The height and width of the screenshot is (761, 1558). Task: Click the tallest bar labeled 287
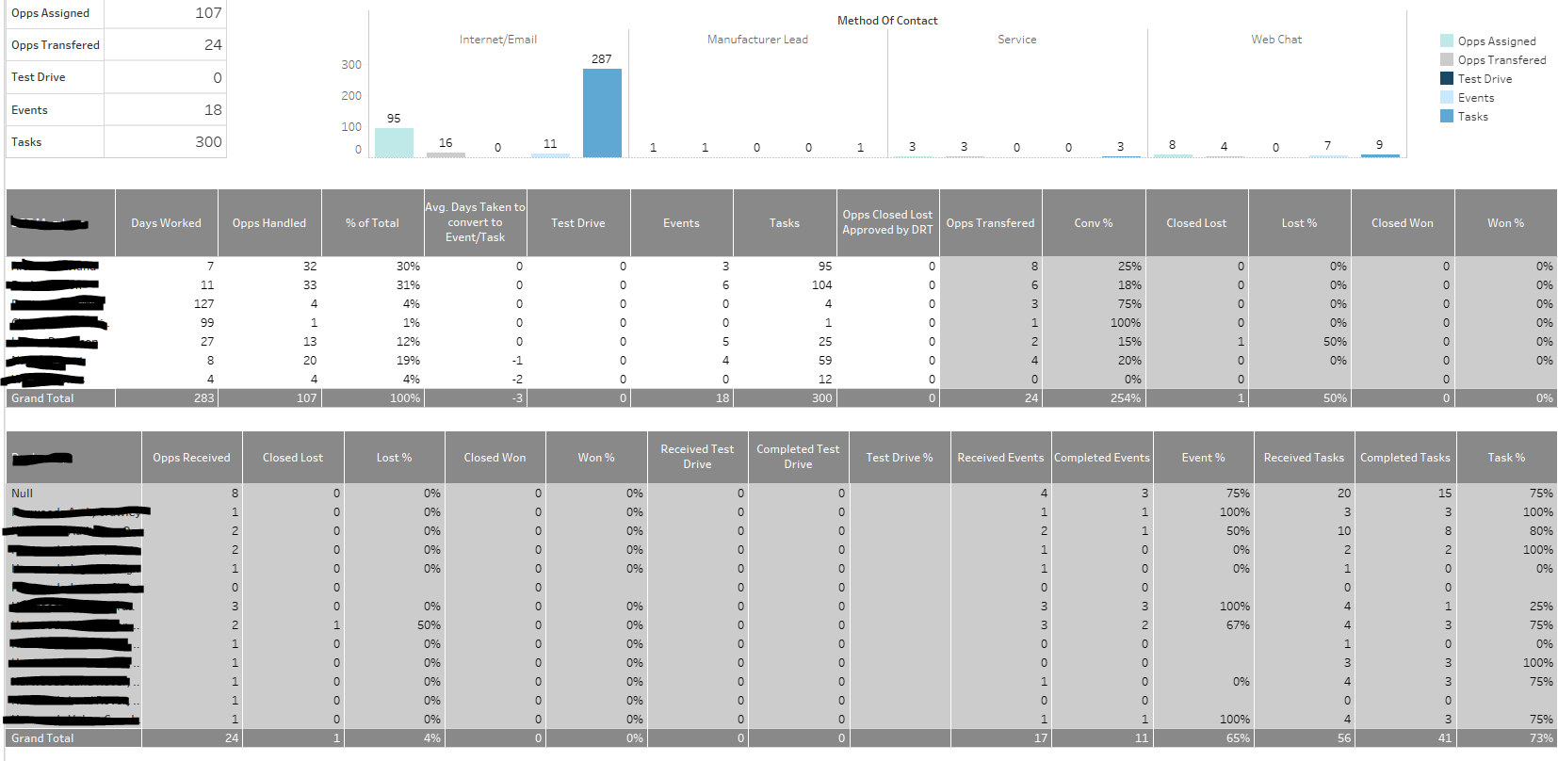602,113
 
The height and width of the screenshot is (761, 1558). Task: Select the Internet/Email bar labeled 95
394,142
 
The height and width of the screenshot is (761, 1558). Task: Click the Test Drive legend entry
1485,79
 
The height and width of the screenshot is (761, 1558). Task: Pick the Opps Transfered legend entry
1501,60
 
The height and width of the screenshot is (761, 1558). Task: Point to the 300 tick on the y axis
351,65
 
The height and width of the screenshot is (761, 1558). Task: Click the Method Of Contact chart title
887,21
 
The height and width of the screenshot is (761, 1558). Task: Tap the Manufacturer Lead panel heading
757,40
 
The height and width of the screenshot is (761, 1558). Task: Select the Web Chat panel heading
1276,40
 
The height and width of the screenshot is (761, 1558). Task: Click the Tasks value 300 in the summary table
208,142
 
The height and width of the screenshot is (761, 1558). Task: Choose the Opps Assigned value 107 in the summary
208,13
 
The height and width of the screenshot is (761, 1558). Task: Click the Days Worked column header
166,223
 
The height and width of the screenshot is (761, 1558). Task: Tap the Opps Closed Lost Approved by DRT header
887,222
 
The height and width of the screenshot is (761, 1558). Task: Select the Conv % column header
1093,223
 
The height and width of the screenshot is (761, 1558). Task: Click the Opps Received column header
191,458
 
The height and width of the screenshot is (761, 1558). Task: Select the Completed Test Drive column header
798,457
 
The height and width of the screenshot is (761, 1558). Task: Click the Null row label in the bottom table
23,494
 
